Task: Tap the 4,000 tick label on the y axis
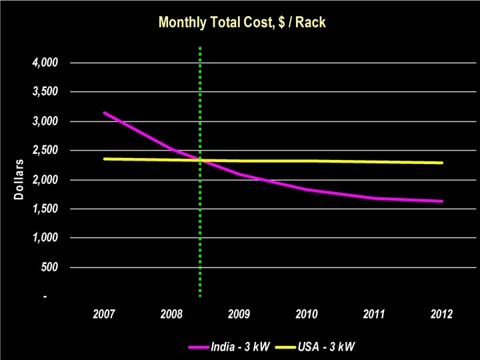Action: [x=45, y=63]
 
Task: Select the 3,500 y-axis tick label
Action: [x=45, y=92]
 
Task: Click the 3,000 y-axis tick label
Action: [x=45, y=121]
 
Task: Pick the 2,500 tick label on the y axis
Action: [x=45, y=151]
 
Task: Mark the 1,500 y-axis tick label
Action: [x=45, y=209]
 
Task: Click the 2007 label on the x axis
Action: [x=104, y=313]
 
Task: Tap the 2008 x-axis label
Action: [x=171, y=313]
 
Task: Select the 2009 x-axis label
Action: [x=239, y=313]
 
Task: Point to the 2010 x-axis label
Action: [x=307, y=313]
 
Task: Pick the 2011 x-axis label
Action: [x=374, y=313]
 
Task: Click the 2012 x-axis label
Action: [x=441, y=313]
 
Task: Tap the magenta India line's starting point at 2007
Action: [x=105, y=113]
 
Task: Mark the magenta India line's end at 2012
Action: [x=441, y=201]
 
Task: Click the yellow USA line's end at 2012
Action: [x=441, y=163]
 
